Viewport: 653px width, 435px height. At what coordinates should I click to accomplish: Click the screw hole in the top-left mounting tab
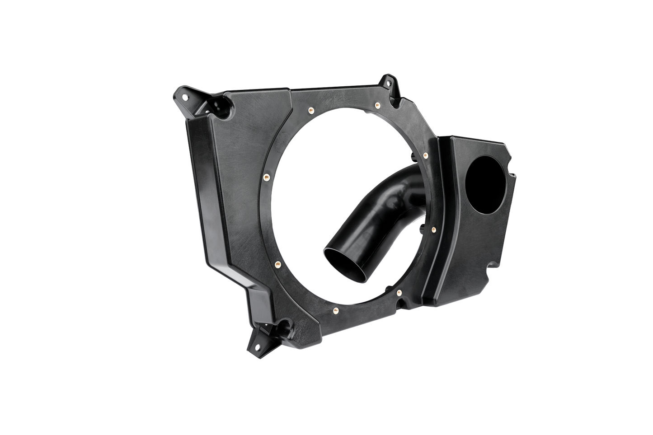coord(183,96)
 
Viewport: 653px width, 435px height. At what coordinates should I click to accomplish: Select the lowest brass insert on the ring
coord(334,310)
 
